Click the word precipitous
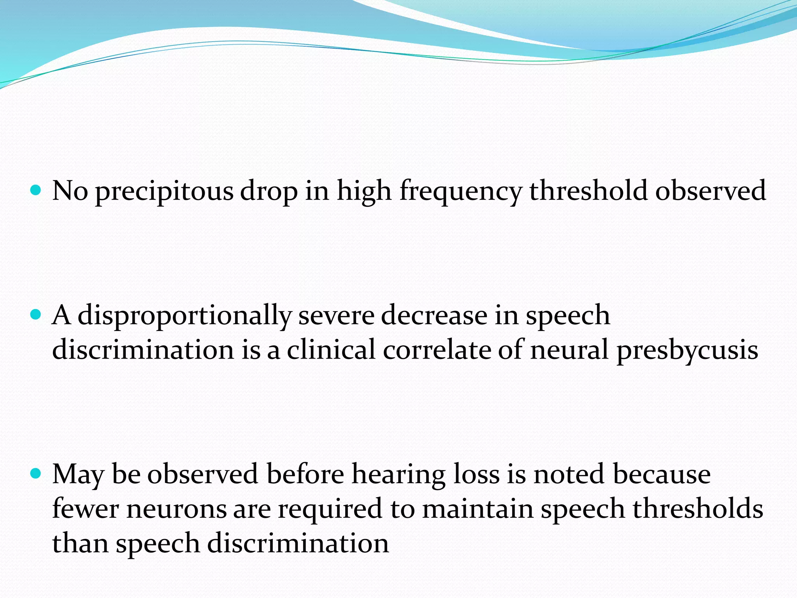click(x=164, y=192)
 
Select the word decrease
click(x=434, y=315)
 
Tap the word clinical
click(x=331, y=350)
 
